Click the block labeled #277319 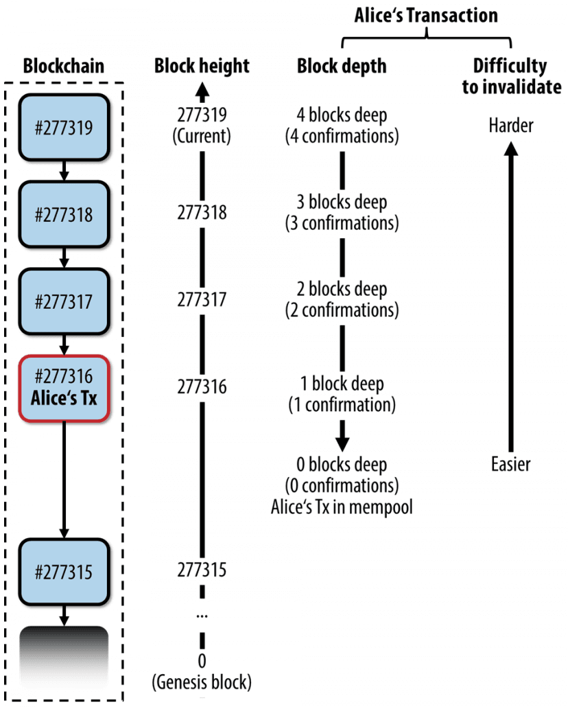64,127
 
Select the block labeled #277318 64,213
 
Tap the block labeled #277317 64,300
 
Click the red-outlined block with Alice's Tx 64,388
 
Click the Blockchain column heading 64,67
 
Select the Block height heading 202,67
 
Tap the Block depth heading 342,67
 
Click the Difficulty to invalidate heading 510,76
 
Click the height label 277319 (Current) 202,125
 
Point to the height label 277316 202,388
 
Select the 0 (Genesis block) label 202,672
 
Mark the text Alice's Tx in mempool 342,507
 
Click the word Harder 510,126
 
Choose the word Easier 510,464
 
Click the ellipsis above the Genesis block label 202,616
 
